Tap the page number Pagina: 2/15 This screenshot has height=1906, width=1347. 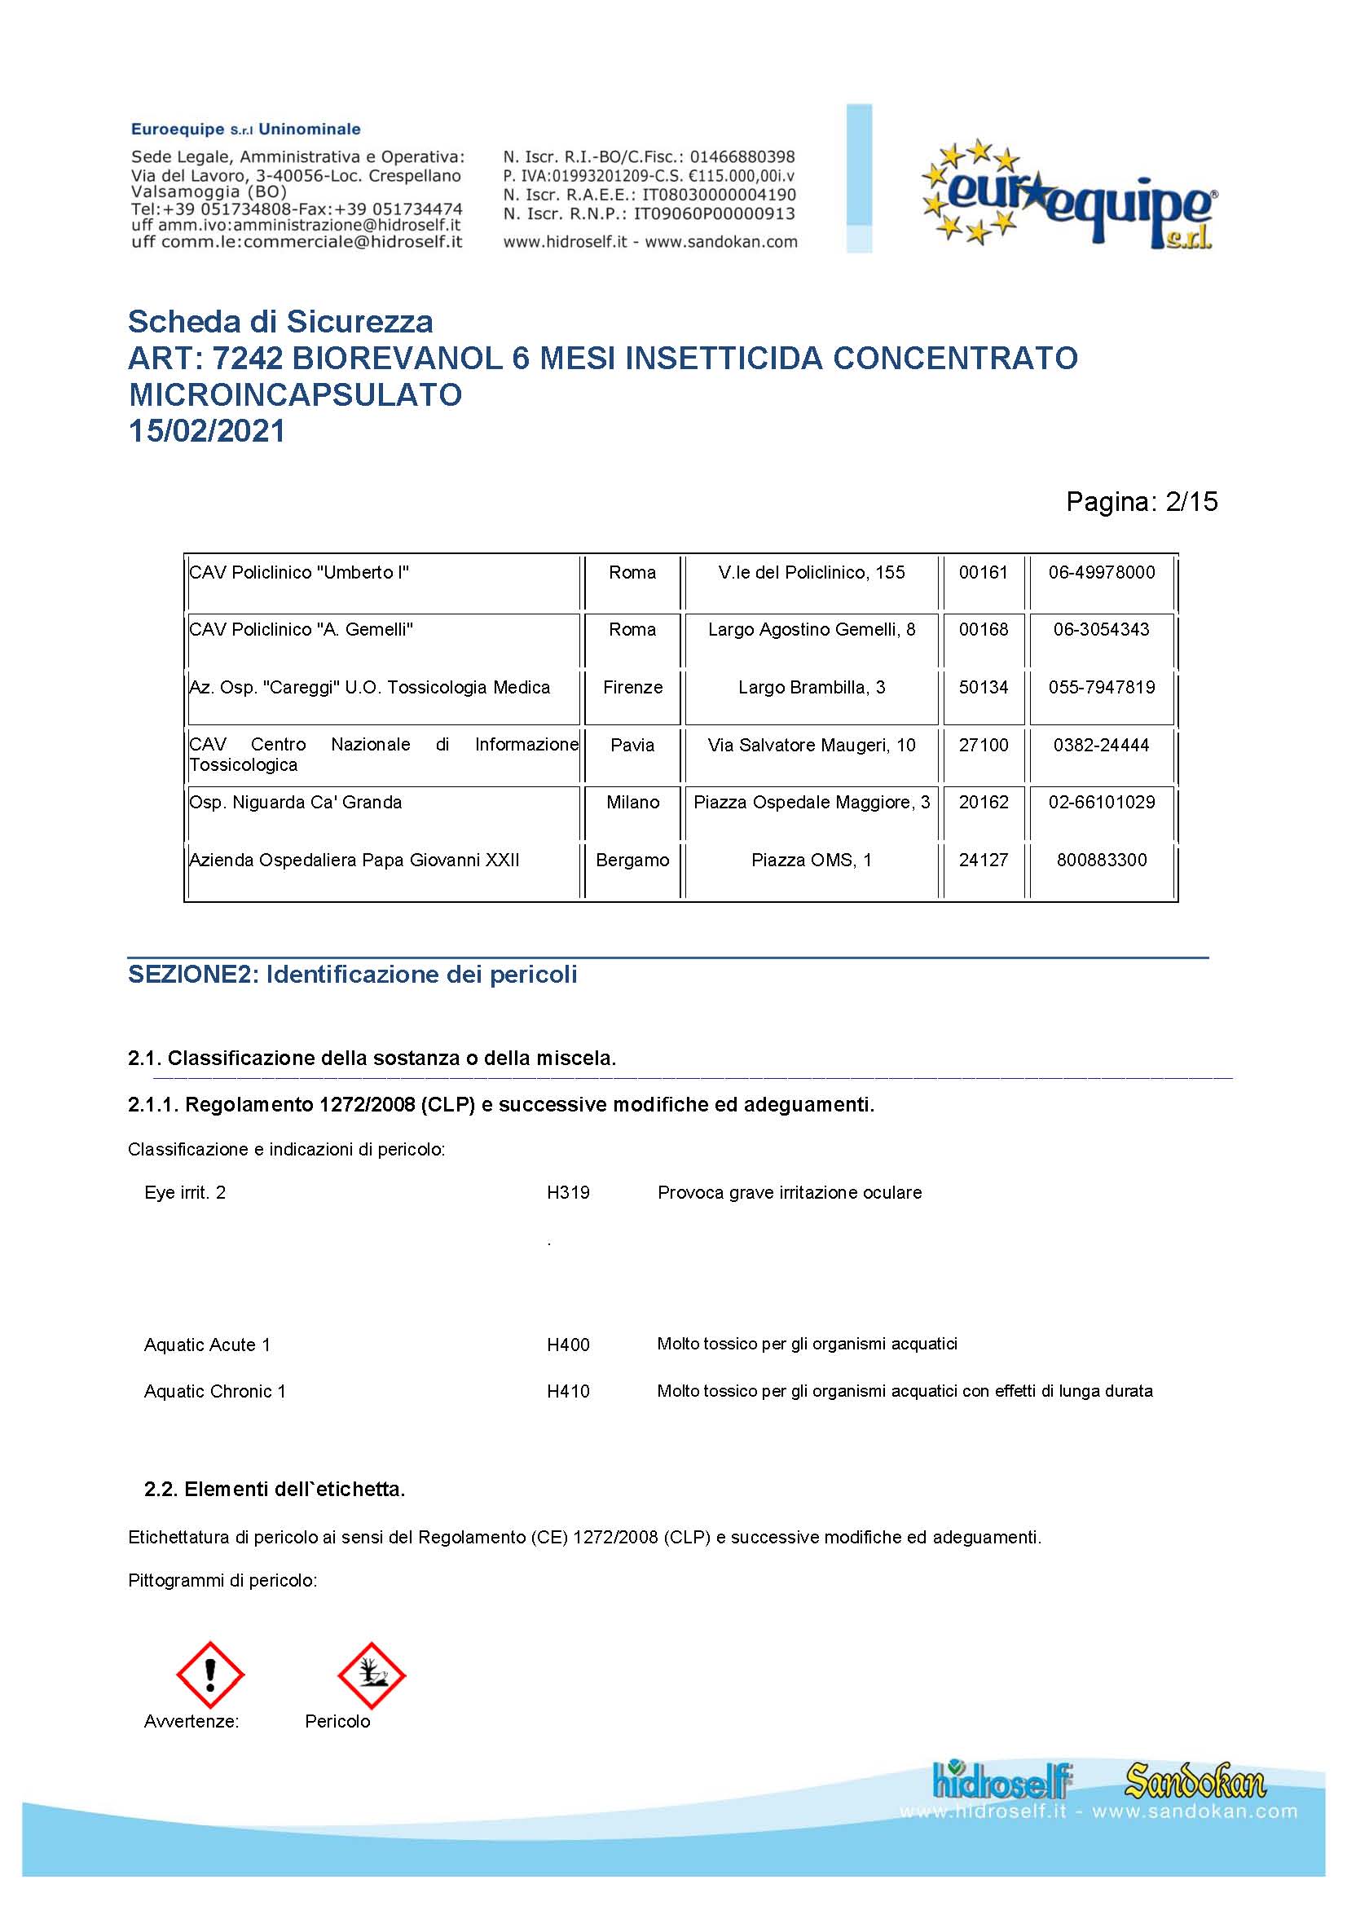(1141, 501)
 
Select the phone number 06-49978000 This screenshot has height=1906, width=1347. (1102, 572)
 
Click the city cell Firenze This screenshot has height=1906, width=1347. (632, 688)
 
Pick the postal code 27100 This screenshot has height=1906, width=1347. (984, 745)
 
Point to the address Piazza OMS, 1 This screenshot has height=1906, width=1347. (811, 860)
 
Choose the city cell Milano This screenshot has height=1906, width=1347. (632, 802)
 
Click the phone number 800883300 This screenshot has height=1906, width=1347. (1102, 860)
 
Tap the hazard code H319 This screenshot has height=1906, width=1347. (568, 1192)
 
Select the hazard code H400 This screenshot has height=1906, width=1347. (568, 1344)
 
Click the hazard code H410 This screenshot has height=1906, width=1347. (568, 1391)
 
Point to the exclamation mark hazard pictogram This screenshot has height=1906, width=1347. (211, 1675)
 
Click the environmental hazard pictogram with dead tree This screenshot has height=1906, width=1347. (371, 1675)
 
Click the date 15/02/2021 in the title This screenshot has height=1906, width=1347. (207, 431)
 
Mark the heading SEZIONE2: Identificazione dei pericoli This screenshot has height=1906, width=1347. (352, 974)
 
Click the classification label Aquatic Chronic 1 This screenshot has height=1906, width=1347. (215, 1391)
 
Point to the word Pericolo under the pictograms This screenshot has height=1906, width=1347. (337, 1721)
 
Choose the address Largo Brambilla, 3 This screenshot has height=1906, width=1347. (811, 688)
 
